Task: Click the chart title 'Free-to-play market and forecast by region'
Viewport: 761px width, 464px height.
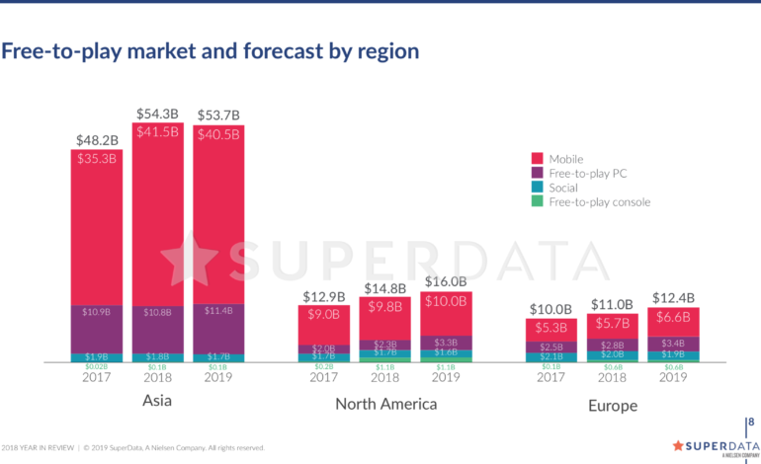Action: click(x=210, y=50)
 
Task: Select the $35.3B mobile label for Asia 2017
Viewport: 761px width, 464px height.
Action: click(x=96, y=157)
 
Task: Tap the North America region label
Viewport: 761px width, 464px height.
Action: click(x=385, y=404)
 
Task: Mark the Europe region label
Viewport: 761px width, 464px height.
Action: click(x=613, y=405)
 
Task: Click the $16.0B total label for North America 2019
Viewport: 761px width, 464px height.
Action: click(x=445, y=282)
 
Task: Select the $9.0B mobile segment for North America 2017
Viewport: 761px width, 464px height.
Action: click(x=323, y=316)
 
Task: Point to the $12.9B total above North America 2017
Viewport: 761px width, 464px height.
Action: click(x=323, y=296)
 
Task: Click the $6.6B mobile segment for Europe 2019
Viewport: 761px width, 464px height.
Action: click(x=673, y=317)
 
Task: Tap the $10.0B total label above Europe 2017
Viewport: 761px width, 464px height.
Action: click(x=551, y=309)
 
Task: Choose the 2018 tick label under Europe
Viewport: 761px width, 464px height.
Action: click(x=613, y=376)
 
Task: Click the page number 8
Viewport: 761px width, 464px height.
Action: click(x=749, y=422)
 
